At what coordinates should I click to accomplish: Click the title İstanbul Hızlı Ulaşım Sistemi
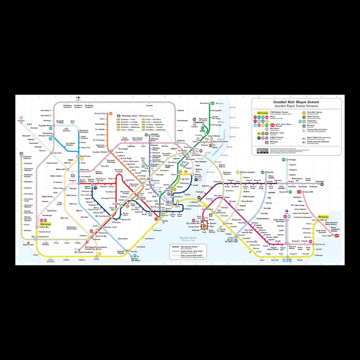[x=296, y=102]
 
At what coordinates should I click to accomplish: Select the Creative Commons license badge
[x=262, y=151]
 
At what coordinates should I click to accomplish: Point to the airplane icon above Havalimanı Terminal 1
[x=79, y=98]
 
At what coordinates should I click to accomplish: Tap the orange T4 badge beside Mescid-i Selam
[x=111, y=114]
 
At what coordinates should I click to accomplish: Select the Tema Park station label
[x=58, y=153]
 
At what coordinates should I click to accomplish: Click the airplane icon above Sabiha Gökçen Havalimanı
[x=287, y=211]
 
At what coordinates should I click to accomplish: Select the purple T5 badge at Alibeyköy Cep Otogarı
[x=146, y=135]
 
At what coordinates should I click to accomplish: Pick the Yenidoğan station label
[x=293, y=159]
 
